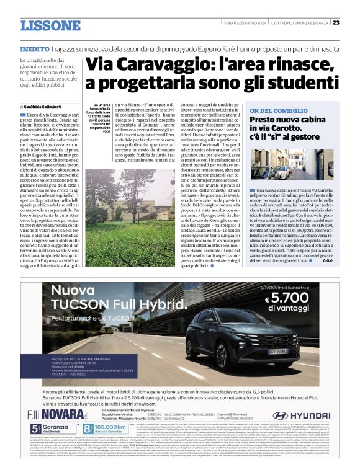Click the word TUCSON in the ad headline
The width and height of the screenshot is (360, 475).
pyautogui.click(x=80, y=305)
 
